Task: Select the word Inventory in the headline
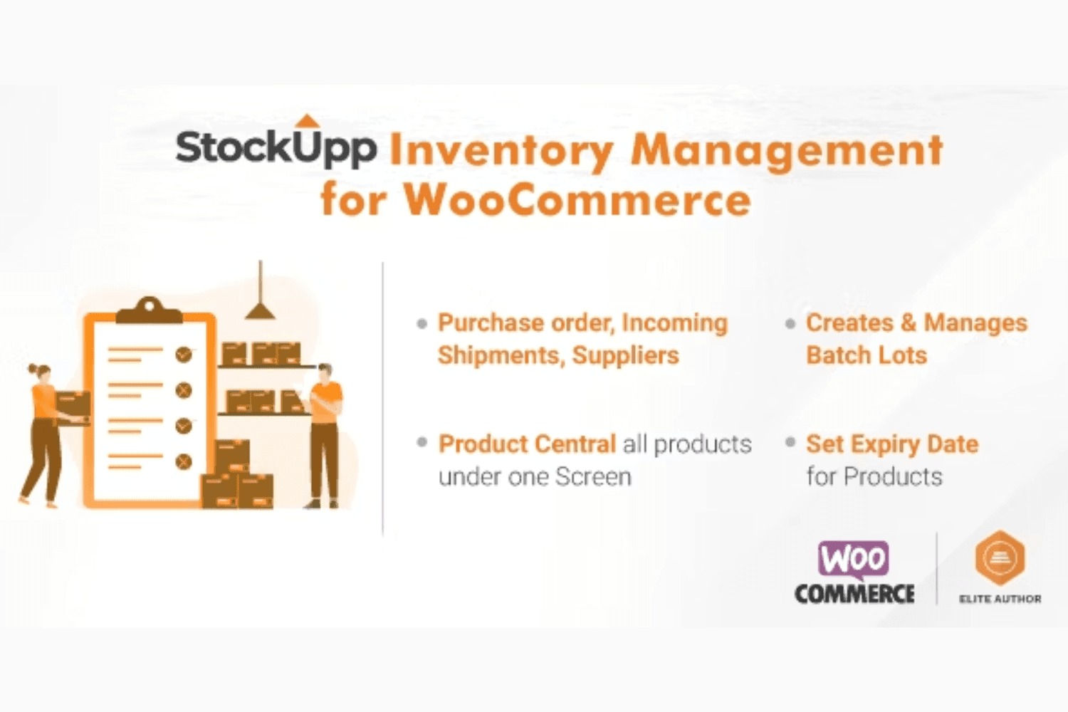pos(501,152)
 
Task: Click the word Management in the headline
pos(787,152)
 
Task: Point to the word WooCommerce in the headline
pos(578,200)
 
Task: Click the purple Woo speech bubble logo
pos(854,559)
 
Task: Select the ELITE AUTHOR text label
pos(1000,599)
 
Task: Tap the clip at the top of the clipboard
pos(150,310)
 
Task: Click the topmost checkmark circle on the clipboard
pos(184,355)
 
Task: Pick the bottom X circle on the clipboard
pos(184,461)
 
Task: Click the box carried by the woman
pos(73,404)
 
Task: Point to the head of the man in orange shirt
pos(325,372)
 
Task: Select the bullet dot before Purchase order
pos(422,324)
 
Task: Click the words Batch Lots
pos(867,355)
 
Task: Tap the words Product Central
pos(528,444)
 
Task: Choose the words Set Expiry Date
pos(892,444)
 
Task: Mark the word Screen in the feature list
pos(593,476)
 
